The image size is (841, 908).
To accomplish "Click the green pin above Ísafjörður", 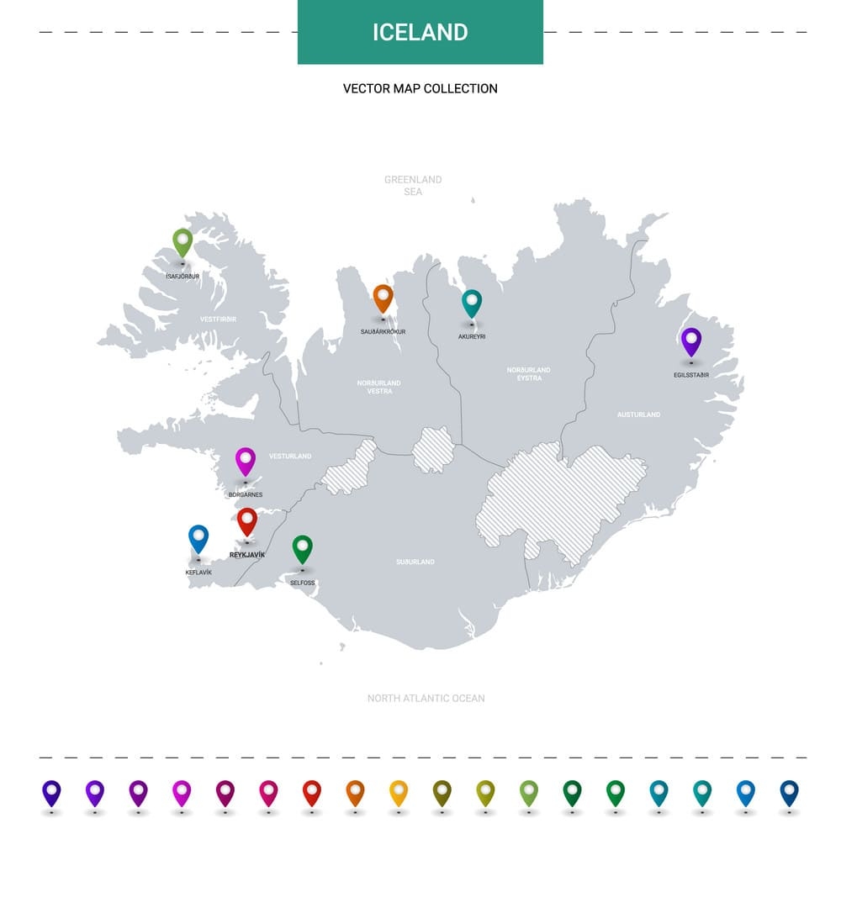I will point(182,241).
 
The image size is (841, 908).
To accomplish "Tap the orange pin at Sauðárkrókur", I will point(383,297).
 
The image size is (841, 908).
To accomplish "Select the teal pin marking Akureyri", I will point(472,302).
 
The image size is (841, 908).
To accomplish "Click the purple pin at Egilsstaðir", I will point(691,340).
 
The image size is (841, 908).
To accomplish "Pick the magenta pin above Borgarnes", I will point(246,460).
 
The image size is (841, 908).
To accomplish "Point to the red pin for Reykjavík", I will point(246,520).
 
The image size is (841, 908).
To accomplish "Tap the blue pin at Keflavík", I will point(198,537).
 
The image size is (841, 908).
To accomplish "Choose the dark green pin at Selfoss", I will point(303,548).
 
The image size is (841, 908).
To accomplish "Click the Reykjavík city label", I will point(247,555).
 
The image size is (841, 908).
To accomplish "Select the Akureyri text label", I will point(472,336).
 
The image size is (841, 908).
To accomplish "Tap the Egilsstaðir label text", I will point(691,375).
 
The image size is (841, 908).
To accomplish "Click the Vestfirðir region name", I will point(219,319).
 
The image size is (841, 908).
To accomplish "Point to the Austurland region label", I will point(639,414).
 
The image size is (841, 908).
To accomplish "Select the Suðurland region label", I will point(415,562).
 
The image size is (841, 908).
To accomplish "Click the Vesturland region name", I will point(290,456).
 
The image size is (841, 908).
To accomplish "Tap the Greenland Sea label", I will point(413,186).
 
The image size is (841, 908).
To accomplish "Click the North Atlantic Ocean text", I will point(426,698).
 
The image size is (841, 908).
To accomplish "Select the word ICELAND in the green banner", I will point(420,32).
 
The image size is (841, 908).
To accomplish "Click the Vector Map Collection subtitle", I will point(420,88).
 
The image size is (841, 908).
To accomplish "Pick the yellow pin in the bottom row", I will point(399,792).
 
